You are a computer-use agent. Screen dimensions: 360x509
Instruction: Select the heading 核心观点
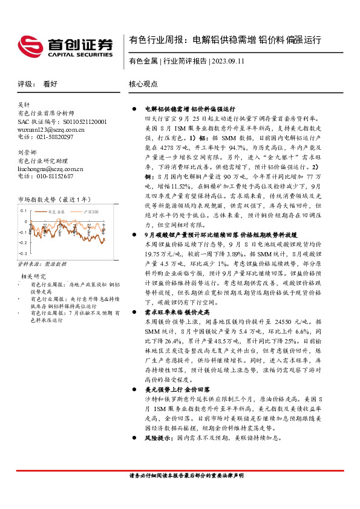click(x=143, y=84)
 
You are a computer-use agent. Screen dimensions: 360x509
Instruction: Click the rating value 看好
click(x=50, y=84)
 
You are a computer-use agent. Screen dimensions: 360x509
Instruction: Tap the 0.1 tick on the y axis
click(x=23, y=211)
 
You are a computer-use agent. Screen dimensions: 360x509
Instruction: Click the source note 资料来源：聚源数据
click(x=42, y=264)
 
